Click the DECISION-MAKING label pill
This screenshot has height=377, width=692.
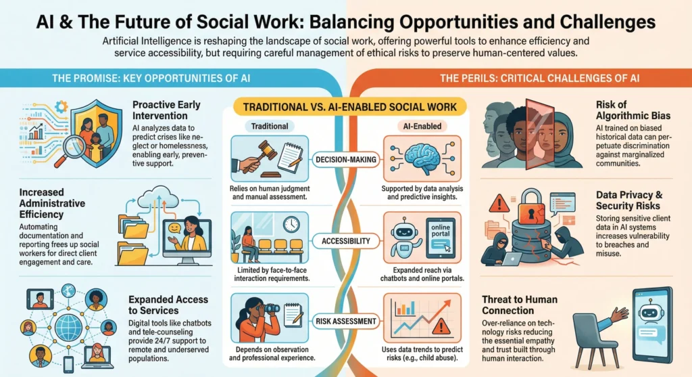pos(345,160)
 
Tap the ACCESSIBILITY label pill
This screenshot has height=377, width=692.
pos(345,241)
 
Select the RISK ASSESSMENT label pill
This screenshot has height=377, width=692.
pos(345,321)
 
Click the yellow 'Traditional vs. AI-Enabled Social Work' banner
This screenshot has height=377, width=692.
pos(349,107)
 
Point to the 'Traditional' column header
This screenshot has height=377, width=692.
pos(269,127)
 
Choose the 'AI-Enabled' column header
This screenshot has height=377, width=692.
pos(422,127)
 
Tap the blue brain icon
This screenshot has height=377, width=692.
pos(422,157)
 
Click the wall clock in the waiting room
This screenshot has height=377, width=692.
pos(291,225)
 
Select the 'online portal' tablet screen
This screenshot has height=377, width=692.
pos(441,238)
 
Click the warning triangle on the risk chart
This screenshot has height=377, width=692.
pos(441,327)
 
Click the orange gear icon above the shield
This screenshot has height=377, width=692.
pos(61,106)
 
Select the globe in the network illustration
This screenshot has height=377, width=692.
pos(68,328)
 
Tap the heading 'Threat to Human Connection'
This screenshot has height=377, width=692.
pos(520,305)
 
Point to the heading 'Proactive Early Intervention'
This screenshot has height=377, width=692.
pos(166,110)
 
